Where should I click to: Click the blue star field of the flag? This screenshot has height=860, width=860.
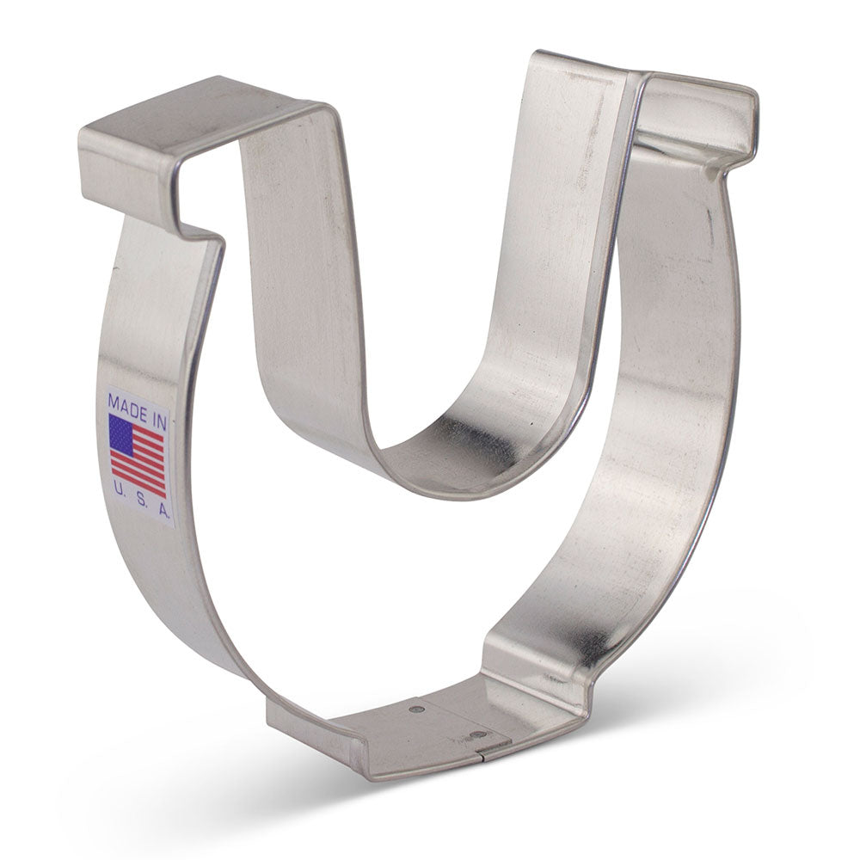(x=120, y=433)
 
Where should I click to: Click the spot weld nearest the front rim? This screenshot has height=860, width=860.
(x=478, y=736)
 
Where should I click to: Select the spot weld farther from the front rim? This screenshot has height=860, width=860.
(x=417, y=709)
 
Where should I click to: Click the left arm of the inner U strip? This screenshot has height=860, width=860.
(x=292, y=284)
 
